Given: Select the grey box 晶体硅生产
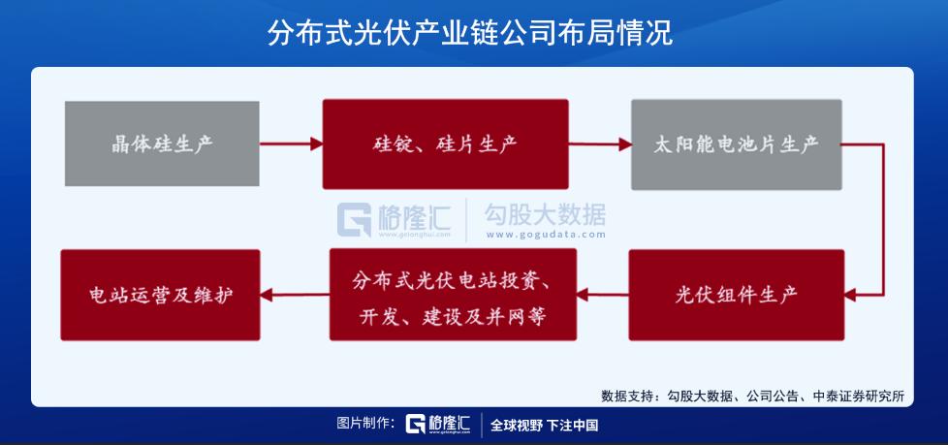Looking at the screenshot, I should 162,144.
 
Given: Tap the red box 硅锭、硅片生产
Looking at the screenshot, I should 445,144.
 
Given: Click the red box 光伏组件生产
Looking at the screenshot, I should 736,294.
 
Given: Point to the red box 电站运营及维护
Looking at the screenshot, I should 161,294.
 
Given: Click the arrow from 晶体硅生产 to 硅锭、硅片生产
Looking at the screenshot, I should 291,144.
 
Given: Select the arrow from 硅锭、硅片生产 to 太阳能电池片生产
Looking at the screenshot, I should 599,144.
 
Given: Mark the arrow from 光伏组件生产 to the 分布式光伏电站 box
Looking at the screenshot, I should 603,293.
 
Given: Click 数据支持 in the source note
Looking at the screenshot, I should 627,396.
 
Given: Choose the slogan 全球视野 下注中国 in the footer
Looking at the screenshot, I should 544,425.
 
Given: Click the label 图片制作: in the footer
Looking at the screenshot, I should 365,425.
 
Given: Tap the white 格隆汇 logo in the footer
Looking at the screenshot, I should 438,425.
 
